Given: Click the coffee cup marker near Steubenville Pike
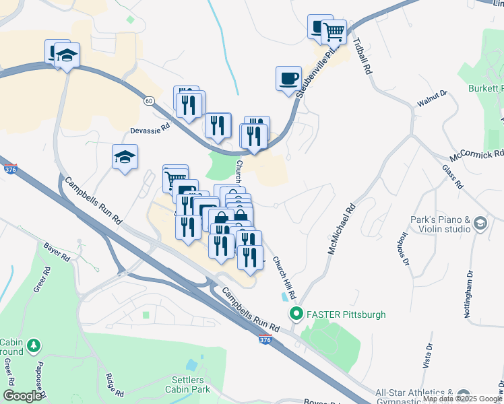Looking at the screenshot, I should [288, 77].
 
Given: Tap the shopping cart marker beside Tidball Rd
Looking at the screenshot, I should [334, 31].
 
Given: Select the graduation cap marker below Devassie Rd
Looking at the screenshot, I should [125, 157].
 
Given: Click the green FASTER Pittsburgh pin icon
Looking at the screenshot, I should [295, 314].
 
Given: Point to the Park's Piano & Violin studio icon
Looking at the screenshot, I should [480, 223].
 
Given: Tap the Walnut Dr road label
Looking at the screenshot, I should [433, 100].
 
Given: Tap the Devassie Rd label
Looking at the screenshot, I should [150, 125].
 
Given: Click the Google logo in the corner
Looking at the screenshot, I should [22, 396].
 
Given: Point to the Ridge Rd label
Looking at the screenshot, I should [114, 386].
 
